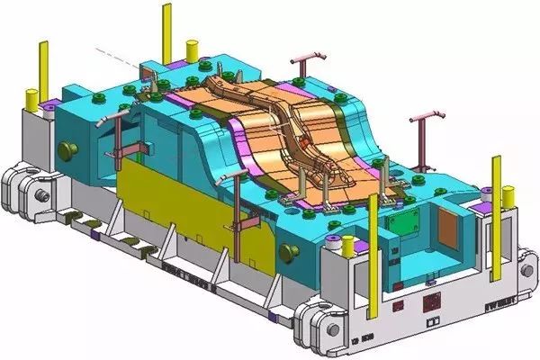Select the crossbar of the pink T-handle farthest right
pos(428,117)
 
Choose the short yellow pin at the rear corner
pos(191,47)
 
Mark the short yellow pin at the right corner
pos(508,194)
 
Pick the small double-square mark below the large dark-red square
pos(433,319)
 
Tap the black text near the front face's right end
pos(473,305)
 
